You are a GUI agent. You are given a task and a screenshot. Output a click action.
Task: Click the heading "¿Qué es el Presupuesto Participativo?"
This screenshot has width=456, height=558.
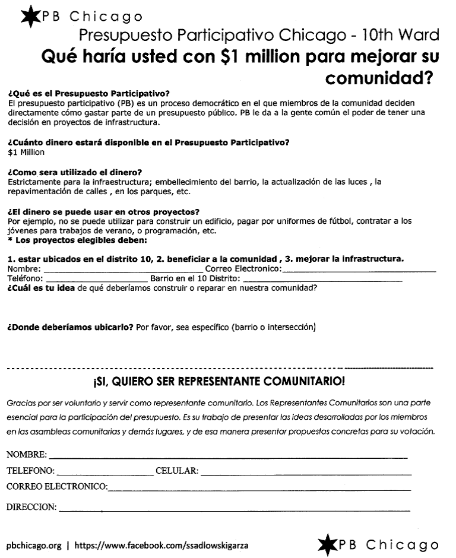88,94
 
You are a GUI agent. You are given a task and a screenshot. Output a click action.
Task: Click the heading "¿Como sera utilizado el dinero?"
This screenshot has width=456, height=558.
75,172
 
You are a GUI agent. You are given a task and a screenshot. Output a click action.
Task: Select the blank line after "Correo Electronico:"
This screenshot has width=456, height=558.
359,271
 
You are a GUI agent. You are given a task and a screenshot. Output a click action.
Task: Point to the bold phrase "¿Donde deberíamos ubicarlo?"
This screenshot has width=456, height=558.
70,327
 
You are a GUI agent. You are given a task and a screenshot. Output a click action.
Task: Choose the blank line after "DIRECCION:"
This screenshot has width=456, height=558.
235,509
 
